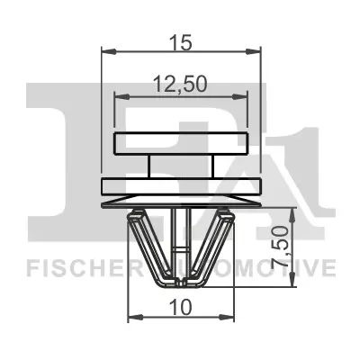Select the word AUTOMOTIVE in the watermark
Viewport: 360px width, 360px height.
click(261, 267)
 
